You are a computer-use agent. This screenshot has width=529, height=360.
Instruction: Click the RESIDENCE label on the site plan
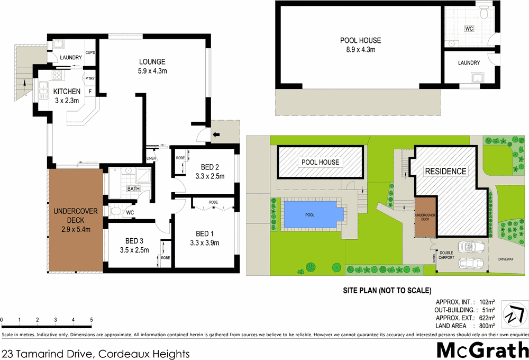point(446,171)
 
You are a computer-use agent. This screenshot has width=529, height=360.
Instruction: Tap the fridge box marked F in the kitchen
point(90,92)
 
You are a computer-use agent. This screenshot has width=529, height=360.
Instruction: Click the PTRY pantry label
point(90,79)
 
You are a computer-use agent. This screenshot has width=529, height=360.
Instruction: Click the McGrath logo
point(482,349)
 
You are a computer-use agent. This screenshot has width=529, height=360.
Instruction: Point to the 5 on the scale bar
point(92,320)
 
